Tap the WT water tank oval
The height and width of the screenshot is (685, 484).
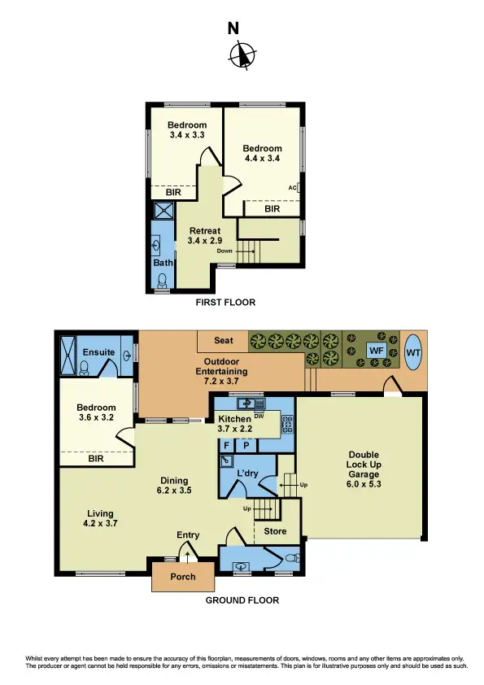413,351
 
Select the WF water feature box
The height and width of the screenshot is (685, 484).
376,351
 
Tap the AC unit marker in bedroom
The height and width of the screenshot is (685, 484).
292,188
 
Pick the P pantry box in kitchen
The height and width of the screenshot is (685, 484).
245,446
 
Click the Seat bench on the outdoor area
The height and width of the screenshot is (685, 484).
224,340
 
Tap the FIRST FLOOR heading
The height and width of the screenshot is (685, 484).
225,303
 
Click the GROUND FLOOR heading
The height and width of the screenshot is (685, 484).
242,600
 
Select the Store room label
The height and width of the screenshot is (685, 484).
277,530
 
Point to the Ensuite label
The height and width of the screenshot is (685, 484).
98,351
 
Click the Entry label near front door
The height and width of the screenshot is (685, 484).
188,534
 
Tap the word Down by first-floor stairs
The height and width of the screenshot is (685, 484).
226,251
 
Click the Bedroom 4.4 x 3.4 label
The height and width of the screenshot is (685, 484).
263,154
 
